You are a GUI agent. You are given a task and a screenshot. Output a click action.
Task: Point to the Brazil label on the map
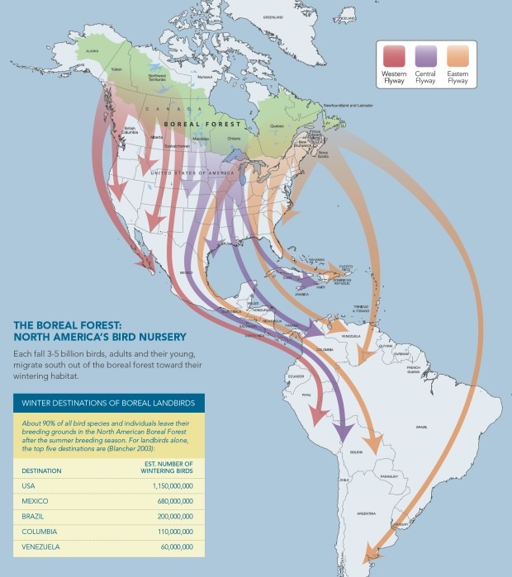click(x=421, y=426)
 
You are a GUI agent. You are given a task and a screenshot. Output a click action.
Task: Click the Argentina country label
click(x=367, y=513)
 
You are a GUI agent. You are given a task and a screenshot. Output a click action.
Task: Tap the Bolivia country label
click(x=357, y=452)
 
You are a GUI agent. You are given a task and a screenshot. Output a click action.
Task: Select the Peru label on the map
click(x=310, y=395)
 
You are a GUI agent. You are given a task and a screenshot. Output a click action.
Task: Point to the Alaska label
click(x=92, y=51)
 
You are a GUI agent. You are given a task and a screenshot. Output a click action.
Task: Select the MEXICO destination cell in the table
click(x=35, y=501)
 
